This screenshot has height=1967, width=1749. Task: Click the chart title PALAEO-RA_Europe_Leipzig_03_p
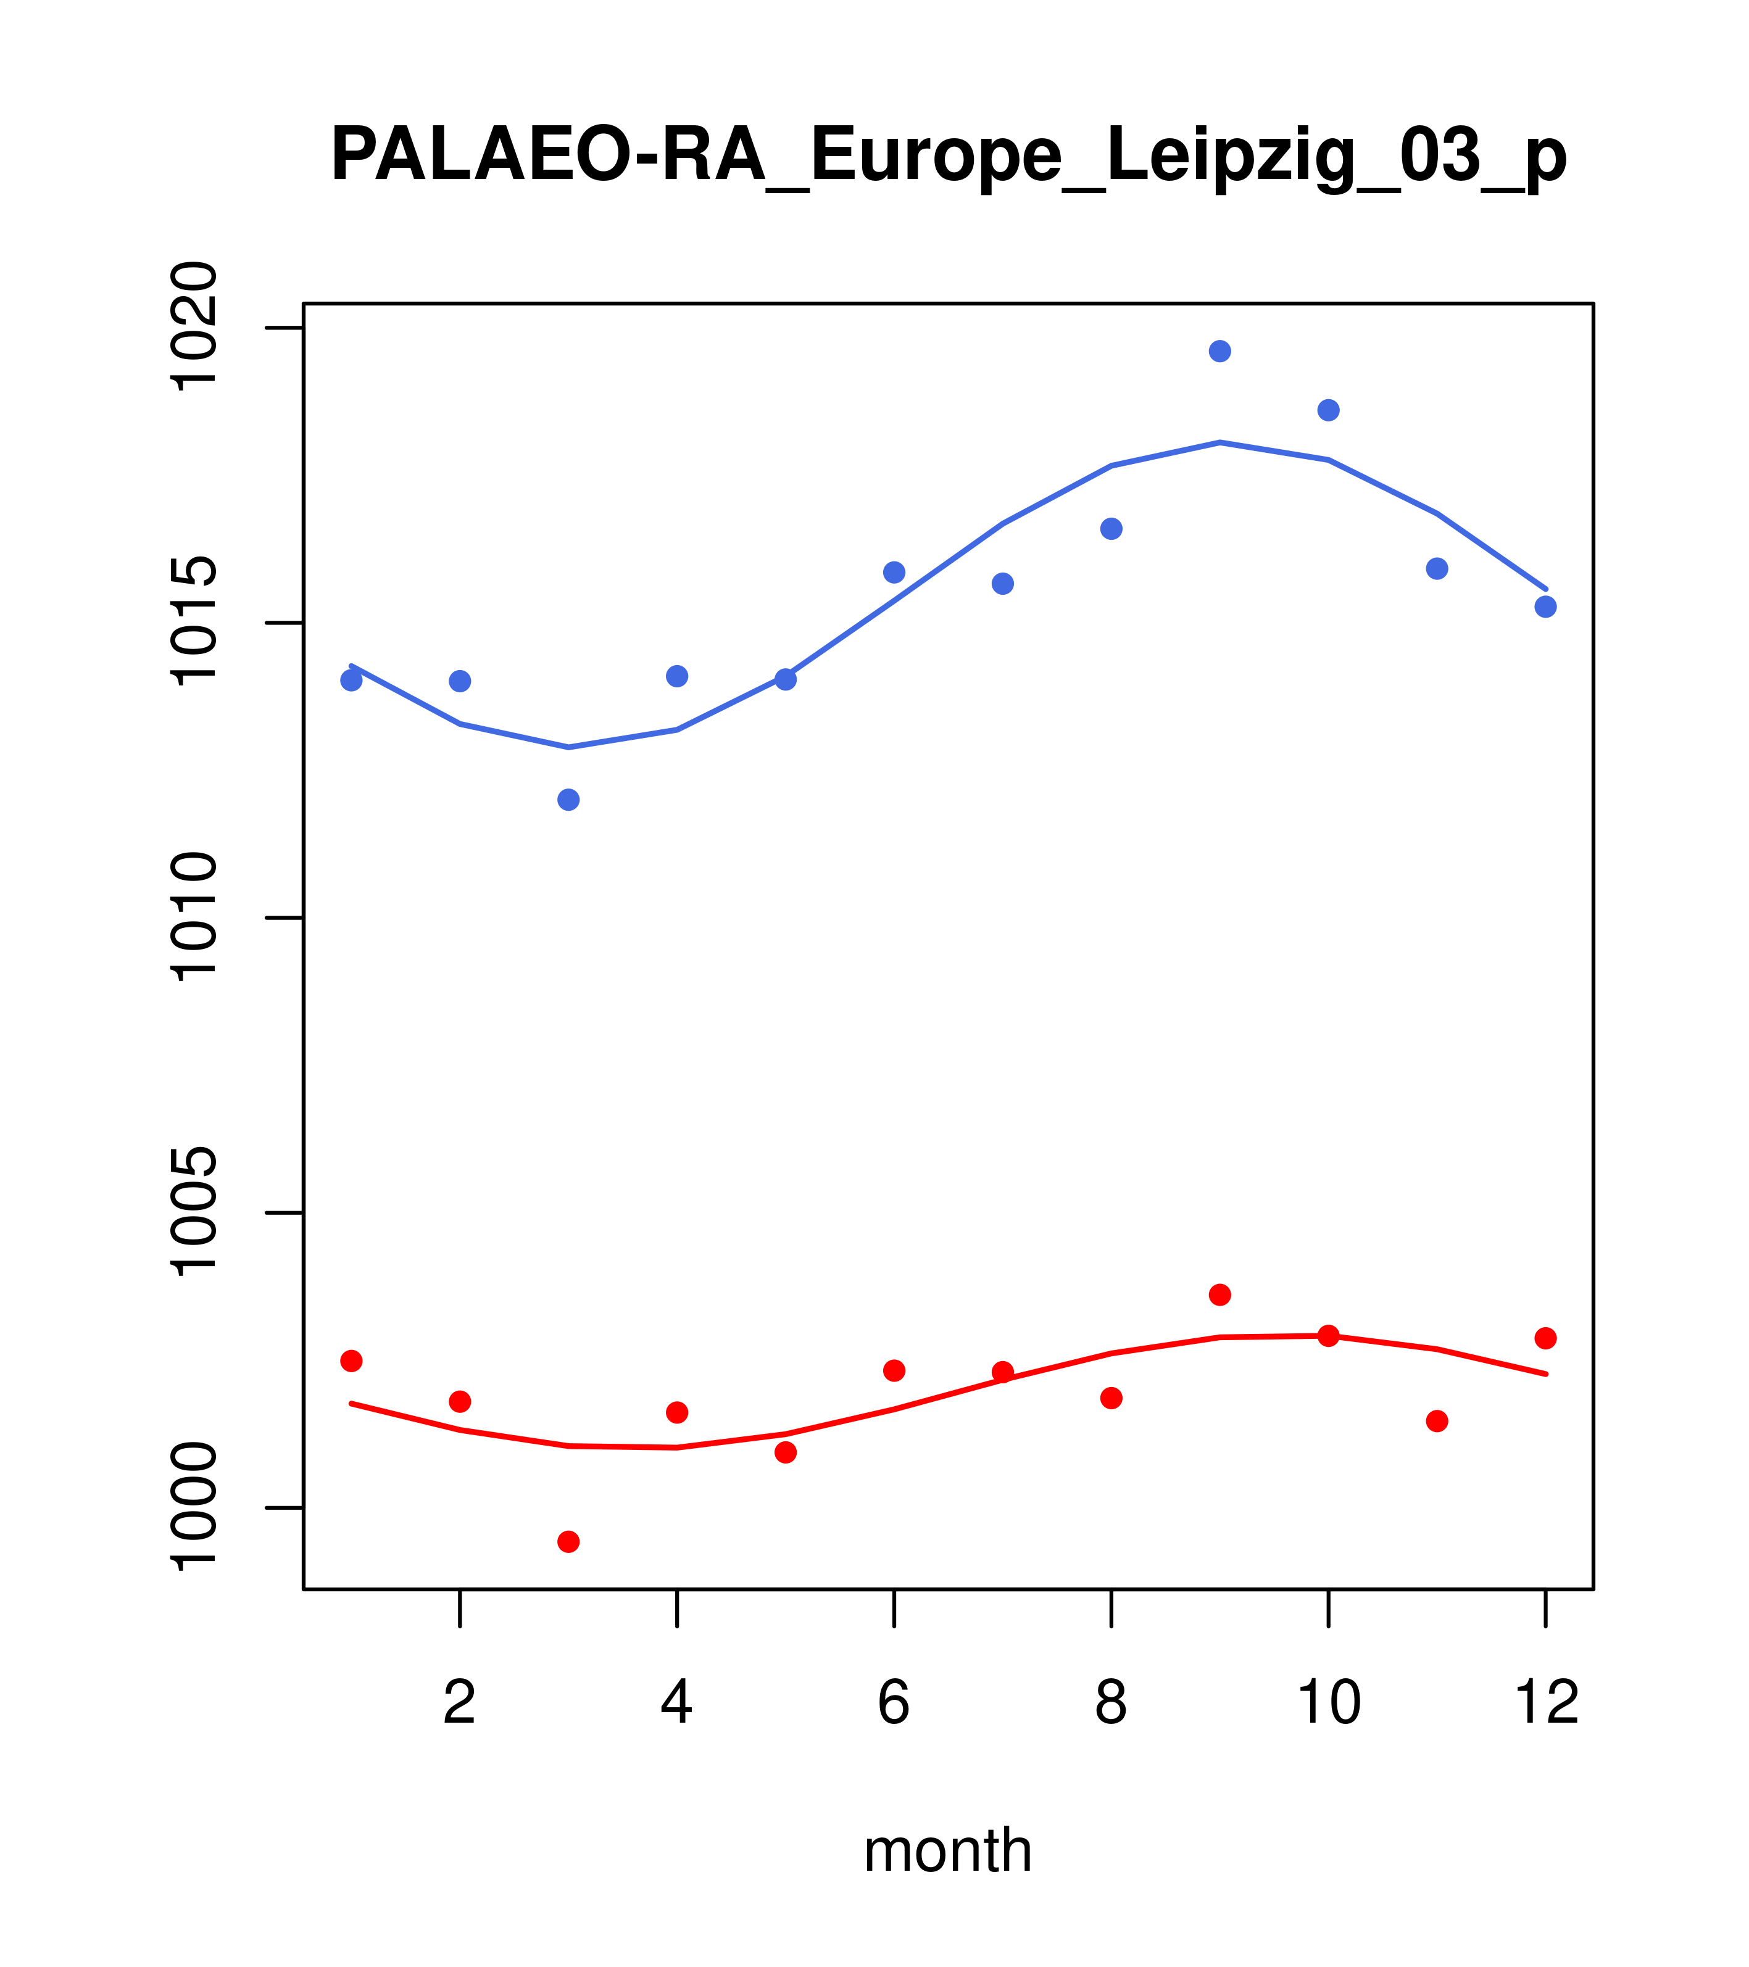click(948, 157)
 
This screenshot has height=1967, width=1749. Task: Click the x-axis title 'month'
click(948, 1850)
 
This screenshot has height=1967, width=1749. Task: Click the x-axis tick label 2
click(460, 1704)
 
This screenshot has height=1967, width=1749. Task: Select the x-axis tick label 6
click(894, 1704)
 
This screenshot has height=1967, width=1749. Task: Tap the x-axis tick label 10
click(1328, 1704)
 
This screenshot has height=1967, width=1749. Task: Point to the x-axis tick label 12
click(1546, 1704)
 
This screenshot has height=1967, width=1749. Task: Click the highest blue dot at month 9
click(1219, 351)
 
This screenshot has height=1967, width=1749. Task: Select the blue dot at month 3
click(569, 800)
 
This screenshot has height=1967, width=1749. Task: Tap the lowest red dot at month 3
click(569, 1542)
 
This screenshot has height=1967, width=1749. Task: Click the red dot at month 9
click(1219, 1294)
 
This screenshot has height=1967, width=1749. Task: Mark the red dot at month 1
click(351, 1360)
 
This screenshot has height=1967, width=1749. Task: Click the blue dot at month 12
click(1546, 607)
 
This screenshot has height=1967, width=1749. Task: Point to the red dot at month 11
click(1437, 1422)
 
